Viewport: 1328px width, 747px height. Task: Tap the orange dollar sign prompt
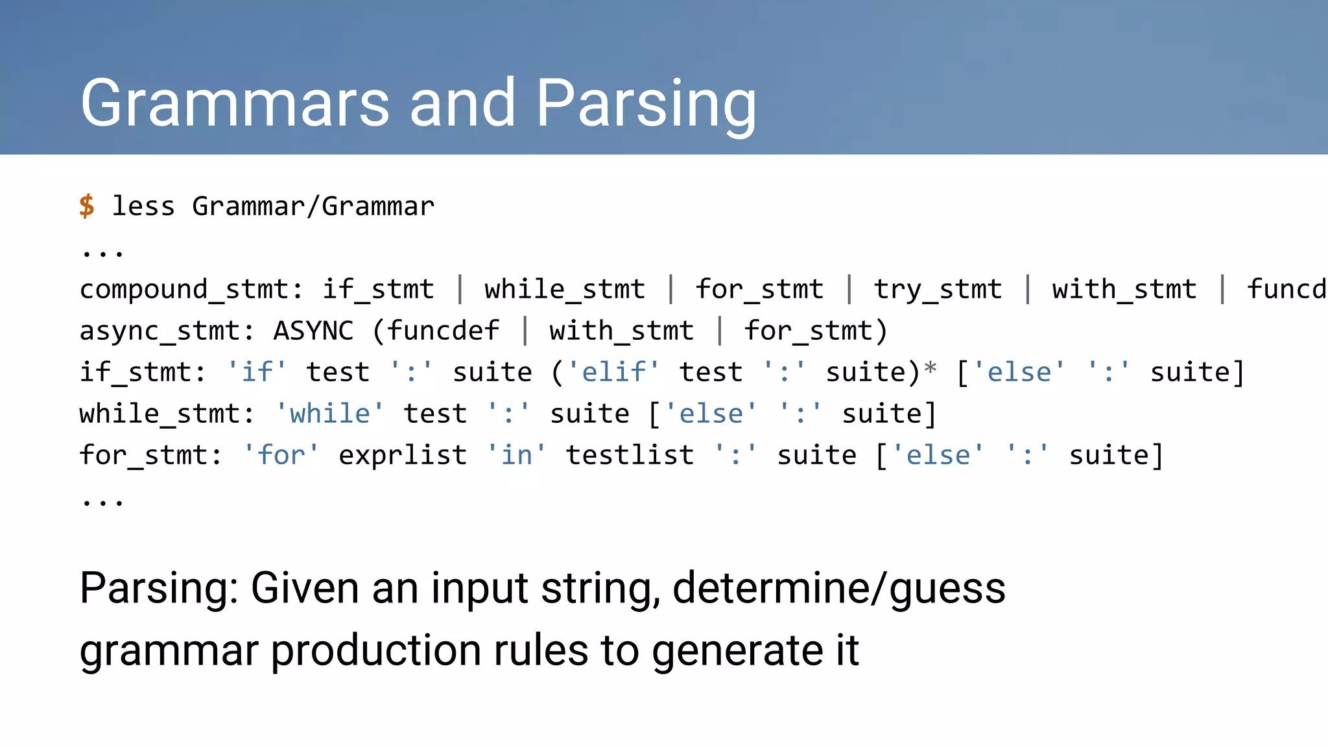pos(87,206)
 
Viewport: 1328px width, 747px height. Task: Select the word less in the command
pos(143,206)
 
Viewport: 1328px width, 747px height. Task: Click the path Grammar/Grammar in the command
pos(313,206)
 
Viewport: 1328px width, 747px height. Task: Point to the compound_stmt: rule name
pos(191,289)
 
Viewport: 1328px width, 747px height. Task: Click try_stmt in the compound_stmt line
pos(938,289)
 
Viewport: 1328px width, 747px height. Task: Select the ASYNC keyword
pos(313,331)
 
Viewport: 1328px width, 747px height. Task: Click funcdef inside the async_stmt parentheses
pos(444,331)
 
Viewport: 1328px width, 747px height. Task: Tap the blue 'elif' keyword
pos(613,372)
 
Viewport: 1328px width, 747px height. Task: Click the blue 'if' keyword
pos(257,372)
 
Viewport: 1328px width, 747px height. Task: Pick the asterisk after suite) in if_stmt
pos(930,368)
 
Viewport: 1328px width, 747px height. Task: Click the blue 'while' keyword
pos(329,414)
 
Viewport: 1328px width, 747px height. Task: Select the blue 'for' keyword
pos(281,455)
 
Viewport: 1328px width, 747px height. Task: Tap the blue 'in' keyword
pos(516,455)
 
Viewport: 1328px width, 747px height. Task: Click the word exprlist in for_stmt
pos(403,455)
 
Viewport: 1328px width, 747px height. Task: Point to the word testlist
pos(630,455)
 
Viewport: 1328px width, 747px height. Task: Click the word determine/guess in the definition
pos(838,589)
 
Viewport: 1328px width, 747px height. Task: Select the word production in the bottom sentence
pos(377,651)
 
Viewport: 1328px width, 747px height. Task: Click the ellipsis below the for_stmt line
pos(102,501)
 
